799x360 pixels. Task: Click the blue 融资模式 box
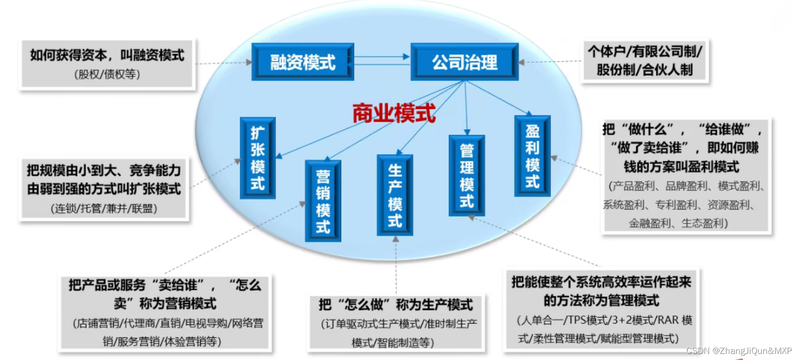click(x=303, y=62)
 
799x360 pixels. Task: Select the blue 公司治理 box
click(x=464, y=62)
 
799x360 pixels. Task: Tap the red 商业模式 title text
click(x=394, y=114)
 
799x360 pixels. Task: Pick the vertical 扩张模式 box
click(x=258, y=158)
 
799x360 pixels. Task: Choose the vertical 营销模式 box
click(x=323, y=201)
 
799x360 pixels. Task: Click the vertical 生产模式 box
click(x=395, y=195)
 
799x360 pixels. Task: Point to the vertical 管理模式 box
click(x=466, y=176)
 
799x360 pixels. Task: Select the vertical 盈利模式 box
click(x=532, y=156)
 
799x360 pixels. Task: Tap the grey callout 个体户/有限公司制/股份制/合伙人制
click(x=645, y=61)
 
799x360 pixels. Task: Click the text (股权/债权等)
click(x=107, y=74)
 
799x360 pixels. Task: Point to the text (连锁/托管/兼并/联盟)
click(x=104, y=209)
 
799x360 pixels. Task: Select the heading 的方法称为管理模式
click(x=601, y=301)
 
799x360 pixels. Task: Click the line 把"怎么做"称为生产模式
click(x=396, y=305)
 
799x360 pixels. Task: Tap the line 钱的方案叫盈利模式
click(x=681, y=167)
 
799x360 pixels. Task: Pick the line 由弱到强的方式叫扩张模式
click(x=104, y=189)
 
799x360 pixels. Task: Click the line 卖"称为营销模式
click(x=165, y=304)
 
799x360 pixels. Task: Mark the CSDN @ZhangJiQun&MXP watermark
click(x=739, y=351)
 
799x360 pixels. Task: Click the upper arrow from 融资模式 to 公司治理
click(x=381, y=57)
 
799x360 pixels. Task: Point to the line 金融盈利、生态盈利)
click(x=678, y=223)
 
